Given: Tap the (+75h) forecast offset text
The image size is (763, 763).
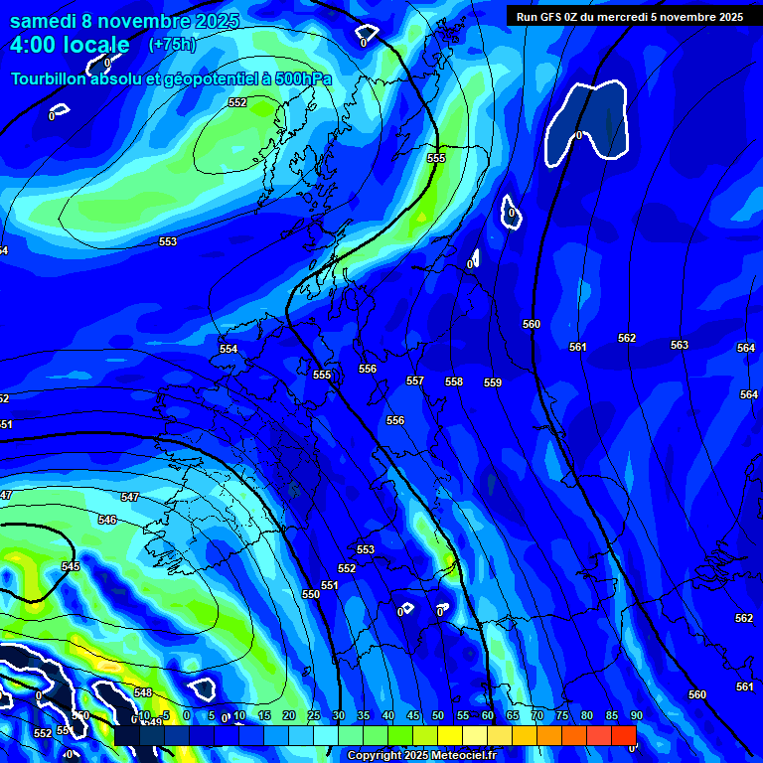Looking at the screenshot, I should point(172,45).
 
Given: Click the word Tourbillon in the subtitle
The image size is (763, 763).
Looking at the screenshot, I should point(50,78).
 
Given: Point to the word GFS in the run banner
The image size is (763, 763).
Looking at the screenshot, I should point(551,16).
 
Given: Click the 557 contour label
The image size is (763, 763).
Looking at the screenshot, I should point(415,381).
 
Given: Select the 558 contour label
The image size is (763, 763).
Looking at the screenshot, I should point(454,381).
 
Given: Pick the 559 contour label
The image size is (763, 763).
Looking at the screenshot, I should point(493,382).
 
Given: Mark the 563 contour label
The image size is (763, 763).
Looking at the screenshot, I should point(679,345).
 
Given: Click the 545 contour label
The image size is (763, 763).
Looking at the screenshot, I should point(70,566).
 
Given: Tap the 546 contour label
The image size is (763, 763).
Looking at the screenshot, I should point(107,520).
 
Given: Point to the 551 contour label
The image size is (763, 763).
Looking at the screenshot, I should point(330,585).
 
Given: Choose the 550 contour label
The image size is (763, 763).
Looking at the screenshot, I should point(311,594).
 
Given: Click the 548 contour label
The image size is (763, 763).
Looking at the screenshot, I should point(143,692).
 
